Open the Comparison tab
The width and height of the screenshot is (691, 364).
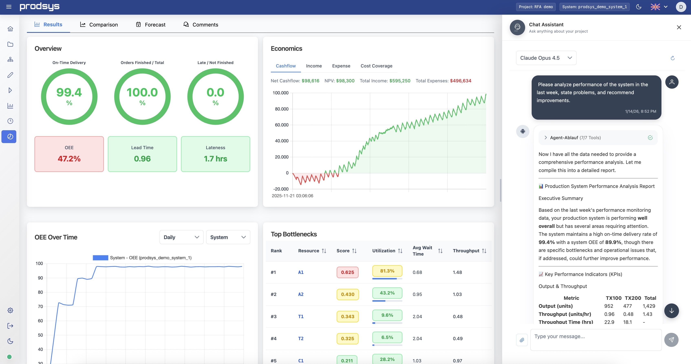[99, 25]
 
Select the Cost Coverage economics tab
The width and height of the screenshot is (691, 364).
[376, 66]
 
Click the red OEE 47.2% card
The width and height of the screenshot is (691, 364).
[69, 154]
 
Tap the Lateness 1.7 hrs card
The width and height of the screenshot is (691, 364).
[215, 154]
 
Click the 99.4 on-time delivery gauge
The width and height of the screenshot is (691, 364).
[69, 97]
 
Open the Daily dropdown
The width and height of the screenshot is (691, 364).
[181, 237]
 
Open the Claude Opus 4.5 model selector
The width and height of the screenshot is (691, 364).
[546, 58]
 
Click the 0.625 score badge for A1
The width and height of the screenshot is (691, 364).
[347, 272]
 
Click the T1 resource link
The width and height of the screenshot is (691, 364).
[301, 317]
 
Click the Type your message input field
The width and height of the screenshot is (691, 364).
[595, 340]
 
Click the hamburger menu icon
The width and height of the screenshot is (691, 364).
[9, 7]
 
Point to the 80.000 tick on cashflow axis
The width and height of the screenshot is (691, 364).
[281, 109]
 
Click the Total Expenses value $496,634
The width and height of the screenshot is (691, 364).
[460, 81]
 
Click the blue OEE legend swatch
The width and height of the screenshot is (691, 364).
[100, 258]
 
